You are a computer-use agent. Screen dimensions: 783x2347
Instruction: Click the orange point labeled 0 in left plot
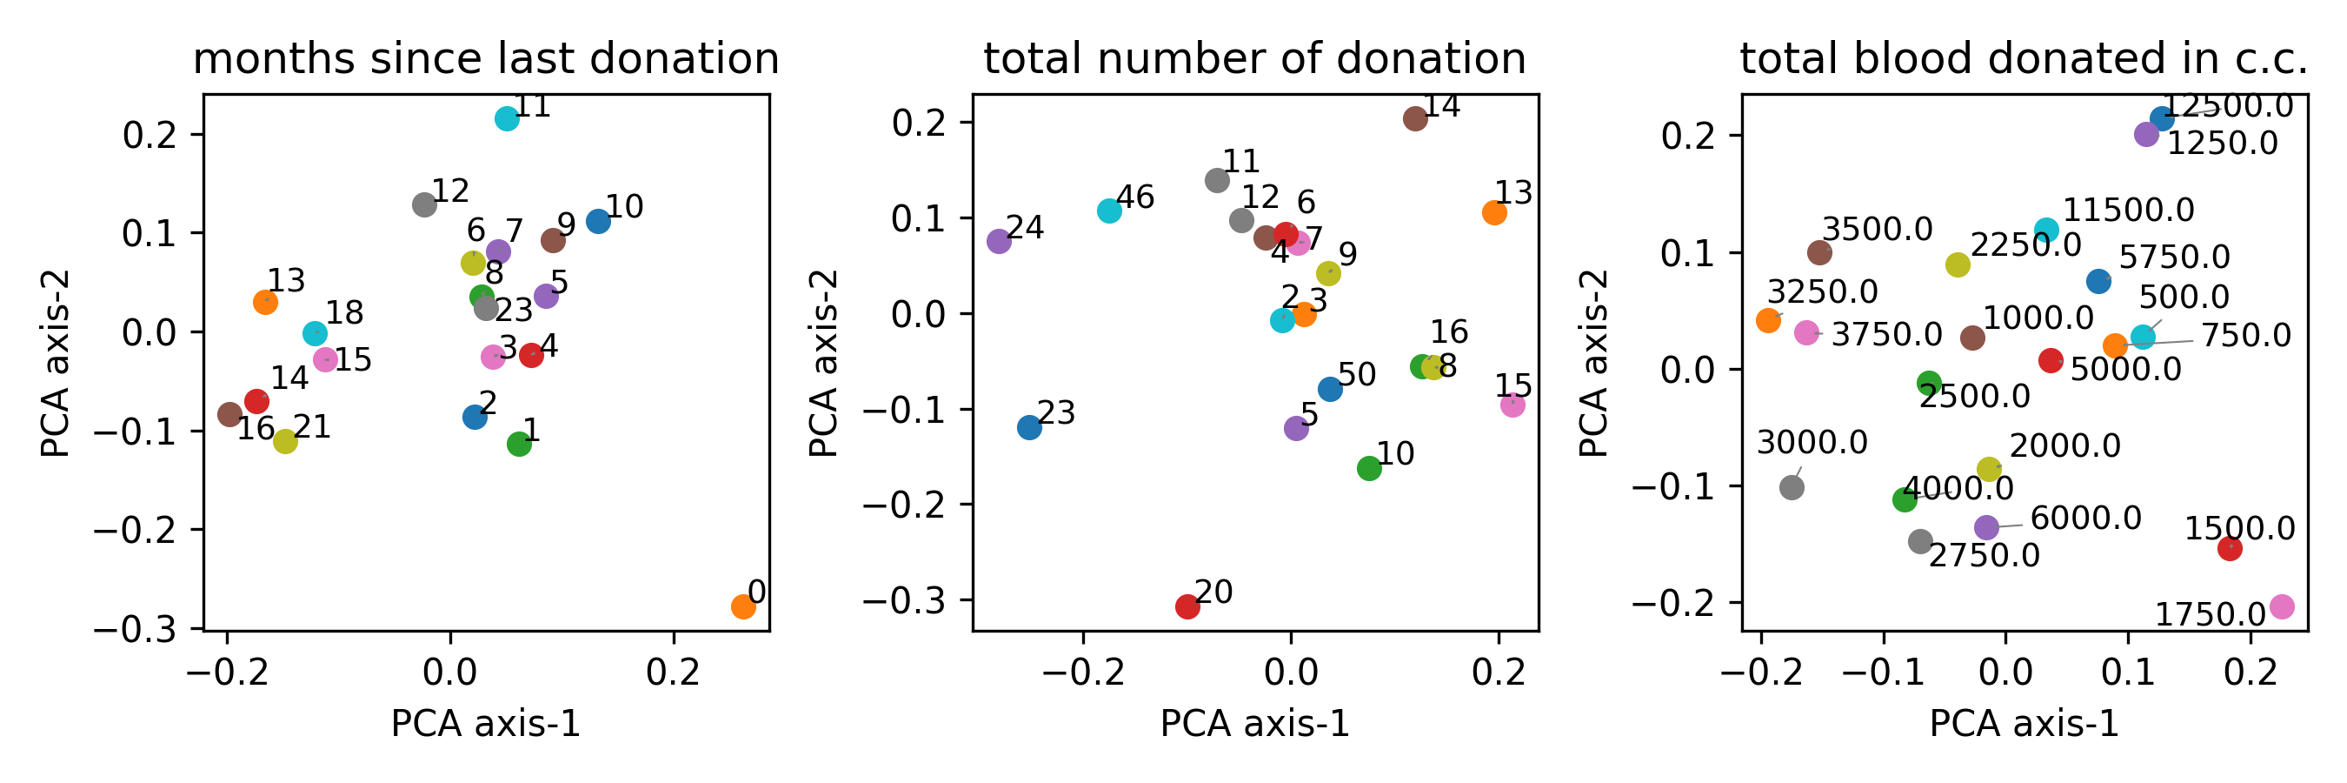click(x=742, y=606)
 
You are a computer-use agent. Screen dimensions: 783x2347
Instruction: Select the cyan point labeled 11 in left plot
click(x=507, y=118)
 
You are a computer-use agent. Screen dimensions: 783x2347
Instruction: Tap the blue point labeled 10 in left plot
click(x=598, y=221)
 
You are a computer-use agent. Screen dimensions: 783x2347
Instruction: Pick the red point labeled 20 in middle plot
click(x=1187, y=606)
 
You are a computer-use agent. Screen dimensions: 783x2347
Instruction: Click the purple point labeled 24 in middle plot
click(x=999, y=242)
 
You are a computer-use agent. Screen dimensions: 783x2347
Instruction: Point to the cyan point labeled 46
click(x=1108, y=211)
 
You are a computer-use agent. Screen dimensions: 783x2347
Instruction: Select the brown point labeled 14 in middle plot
click(x=1414, y=118)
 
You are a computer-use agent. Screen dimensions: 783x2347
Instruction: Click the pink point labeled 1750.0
click(x=2282, y=606)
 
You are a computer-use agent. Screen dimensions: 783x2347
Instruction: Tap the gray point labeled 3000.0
click(x=1792, y=488)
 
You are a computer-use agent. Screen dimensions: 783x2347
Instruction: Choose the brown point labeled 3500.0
click(x=1818, y=252)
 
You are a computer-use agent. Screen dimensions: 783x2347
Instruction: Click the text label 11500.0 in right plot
click(x=2127, y=211)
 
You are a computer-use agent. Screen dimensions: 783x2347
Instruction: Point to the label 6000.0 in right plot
click(x=2085, y=519)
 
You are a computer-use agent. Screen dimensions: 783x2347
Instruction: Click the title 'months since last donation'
click(x=486, y=59)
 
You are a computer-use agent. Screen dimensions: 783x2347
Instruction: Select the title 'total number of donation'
click(x=1254, y=59)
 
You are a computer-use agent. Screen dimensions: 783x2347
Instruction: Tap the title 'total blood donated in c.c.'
click(x=2024, y=59)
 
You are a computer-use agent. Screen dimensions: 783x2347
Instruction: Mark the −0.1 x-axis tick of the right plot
click(x=1882, y=673)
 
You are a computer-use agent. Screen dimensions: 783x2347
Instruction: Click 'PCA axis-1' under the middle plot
click(x=1254, y=724)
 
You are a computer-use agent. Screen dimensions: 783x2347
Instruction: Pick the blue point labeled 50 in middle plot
click(x=1329, y=389)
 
